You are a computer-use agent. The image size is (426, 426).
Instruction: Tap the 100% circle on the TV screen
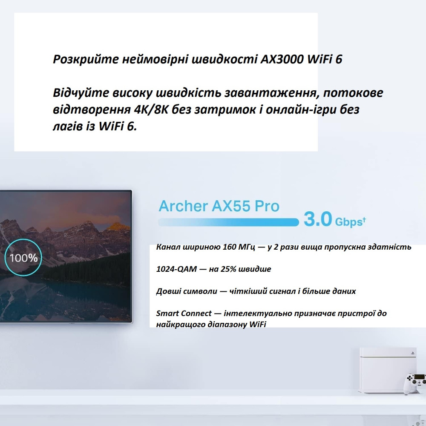coord(24,258)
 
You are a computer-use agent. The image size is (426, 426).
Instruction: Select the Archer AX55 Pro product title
coord(219,206)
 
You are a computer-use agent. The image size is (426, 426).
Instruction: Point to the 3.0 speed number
coord(317,220)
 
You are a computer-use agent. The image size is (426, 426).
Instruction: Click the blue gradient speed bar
coord(228,222)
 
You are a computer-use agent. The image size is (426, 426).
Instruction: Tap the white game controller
coord(414,380)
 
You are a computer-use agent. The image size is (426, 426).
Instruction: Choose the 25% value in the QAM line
coord(235,269)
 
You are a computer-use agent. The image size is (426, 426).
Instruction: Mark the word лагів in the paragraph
coord(67,127)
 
